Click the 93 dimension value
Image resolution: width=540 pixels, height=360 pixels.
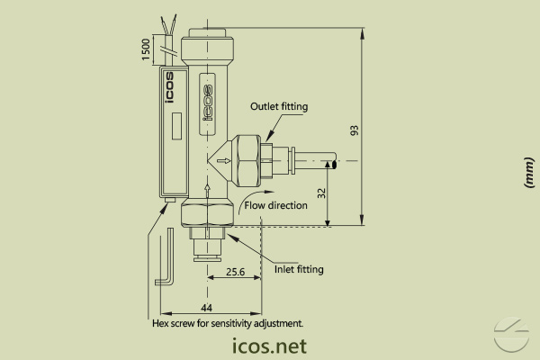click(x=355, y=130)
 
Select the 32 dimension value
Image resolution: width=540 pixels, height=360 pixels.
click(x=320, y=193)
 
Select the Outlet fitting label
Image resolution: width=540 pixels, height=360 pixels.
click(x=279, y=106)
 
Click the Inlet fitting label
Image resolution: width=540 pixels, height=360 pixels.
click(x=298, y=269)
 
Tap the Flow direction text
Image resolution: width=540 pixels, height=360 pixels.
click(x=276, y=205)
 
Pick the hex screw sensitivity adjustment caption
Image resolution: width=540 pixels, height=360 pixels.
click(x=229, y=322)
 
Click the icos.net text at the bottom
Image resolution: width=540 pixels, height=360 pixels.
click(x=269, y=346)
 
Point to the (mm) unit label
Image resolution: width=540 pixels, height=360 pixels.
click(x=528, y=173)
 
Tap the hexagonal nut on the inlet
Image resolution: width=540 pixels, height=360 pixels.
click(x=206, y=213)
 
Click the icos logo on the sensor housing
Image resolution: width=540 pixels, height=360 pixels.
click(x=170, y=90)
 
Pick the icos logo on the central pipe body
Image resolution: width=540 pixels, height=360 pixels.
click(x=206, y=96)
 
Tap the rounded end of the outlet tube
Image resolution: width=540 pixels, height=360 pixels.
click(x=335, y=162)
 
